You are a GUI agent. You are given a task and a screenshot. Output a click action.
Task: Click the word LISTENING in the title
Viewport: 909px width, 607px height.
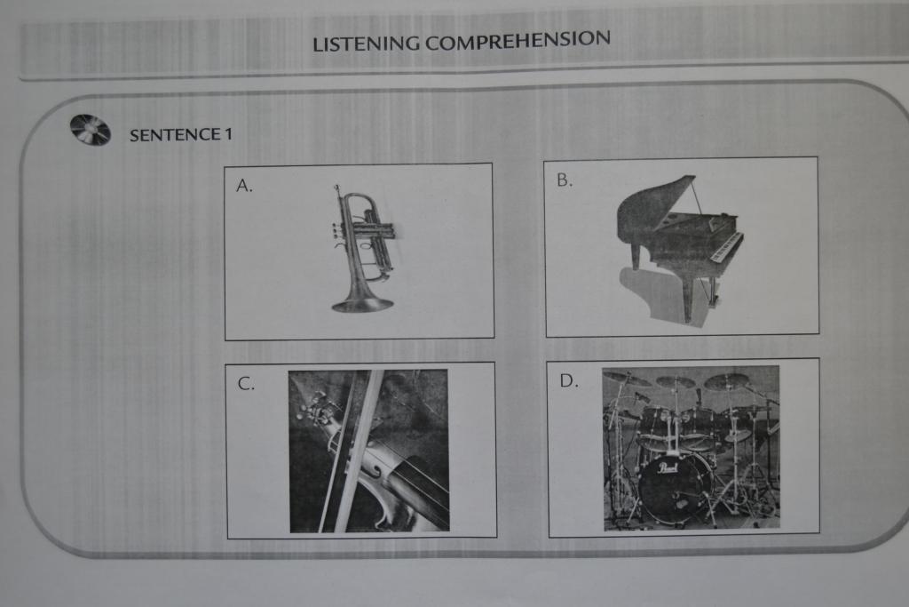click(366, 44)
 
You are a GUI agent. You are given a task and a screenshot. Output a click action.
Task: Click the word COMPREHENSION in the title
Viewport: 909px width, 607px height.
click(518, 40)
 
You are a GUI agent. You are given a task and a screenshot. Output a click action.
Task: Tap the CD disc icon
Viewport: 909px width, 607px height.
click(90, 130)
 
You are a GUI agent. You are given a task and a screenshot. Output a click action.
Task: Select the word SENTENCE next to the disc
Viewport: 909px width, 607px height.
click(175, 134)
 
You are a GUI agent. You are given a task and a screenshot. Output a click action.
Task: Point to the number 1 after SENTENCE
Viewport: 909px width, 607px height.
click(228, 134)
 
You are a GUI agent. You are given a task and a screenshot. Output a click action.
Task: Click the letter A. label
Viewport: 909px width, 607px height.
click(245, 185)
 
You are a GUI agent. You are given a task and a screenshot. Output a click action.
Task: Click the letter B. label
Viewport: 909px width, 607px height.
click(564, 180)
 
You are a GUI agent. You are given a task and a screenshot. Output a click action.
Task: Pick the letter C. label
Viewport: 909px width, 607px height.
click(246, 384)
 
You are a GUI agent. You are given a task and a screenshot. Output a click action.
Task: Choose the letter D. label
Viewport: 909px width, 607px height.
click(569, 380)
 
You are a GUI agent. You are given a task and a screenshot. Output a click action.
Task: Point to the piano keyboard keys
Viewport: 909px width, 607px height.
click(728, 247)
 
